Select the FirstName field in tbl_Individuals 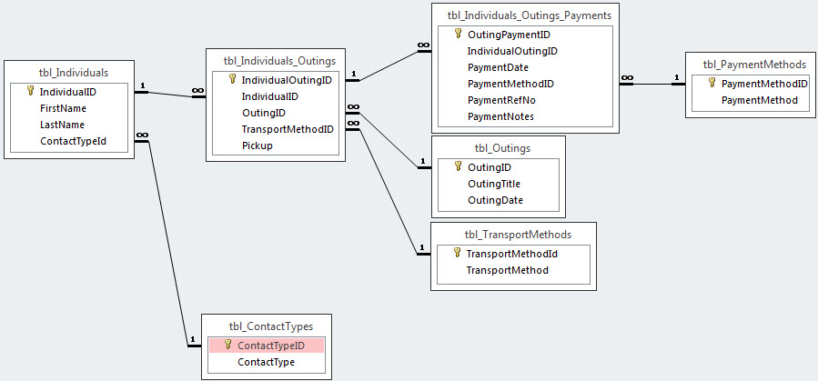pos(63,108)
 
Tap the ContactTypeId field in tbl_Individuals pos(74,141)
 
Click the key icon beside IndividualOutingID pos(233,79)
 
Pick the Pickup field pos(258,145)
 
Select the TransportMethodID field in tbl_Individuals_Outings pos(288,129)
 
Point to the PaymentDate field pos(499,67)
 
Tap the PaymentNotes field pos(500,116)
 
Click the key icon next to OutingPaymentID pos(459,34)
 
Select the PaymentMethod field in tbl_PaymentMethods pos(760,100)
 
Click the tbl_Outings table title pos(498,148)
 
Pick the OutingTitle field pos(494,184)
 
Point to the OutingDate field pos(496,200)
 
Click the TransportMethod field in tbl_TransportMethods pos(507,270)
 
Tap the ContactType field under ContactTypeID pos(266,362)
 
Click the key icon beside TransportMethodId pos(457,254)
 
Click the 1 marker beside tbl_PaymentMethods pos(677,78)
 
